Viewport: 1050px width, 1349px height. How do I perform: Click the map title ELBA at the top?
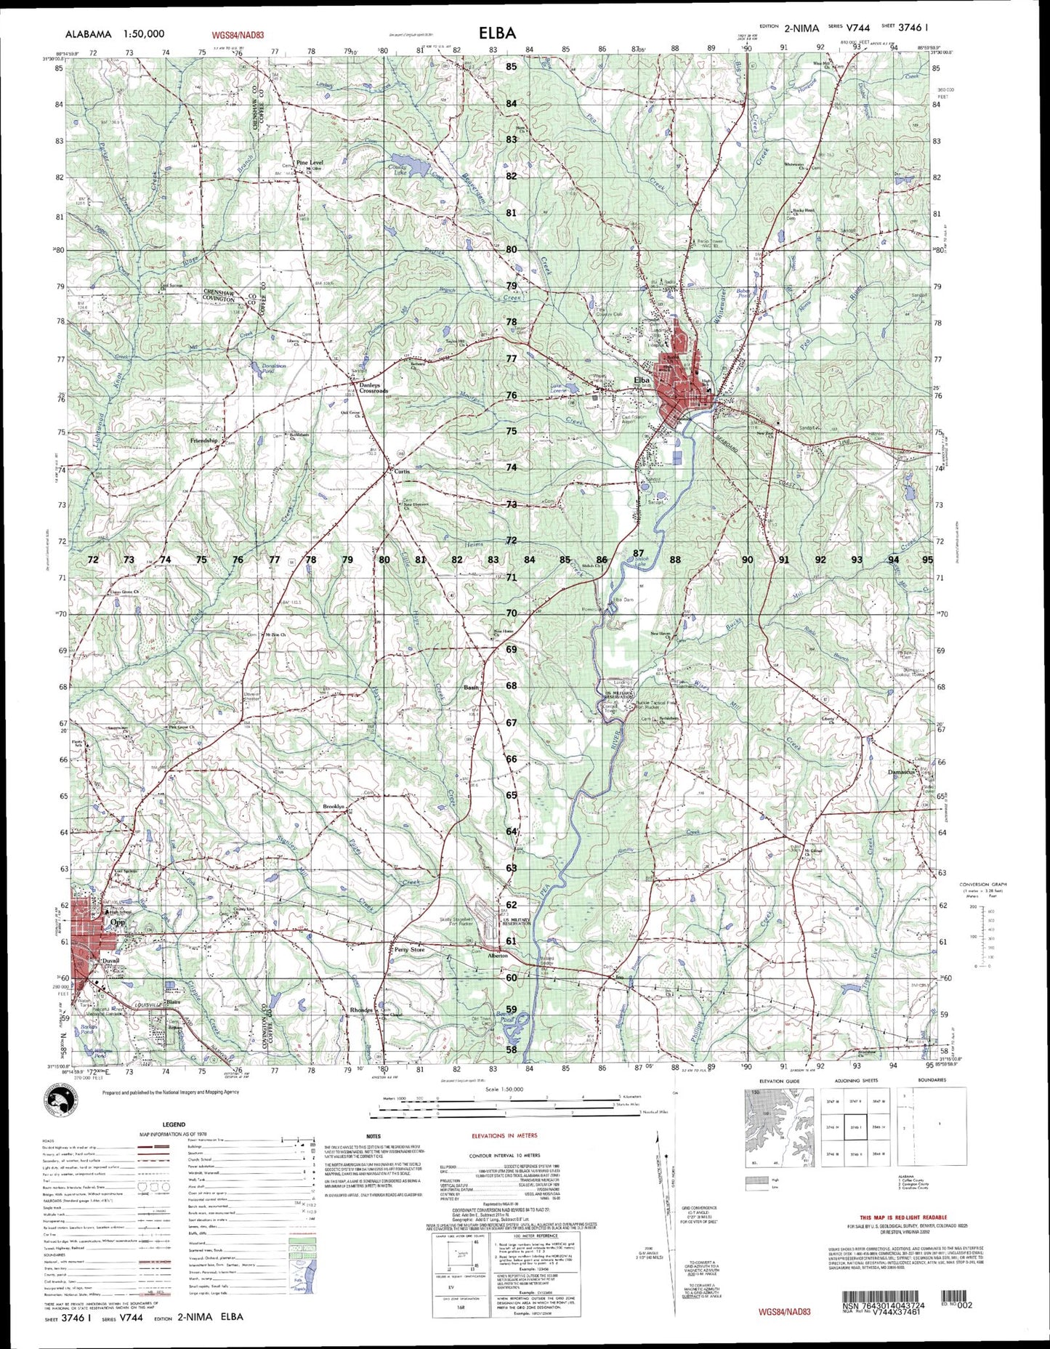click(x=497, y=33)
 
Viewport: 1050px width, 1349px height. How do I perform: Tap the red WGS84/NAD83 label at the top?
click(x=238, y=34)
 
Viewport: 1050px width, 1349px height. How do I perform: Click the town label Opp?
click(x=117, y=922)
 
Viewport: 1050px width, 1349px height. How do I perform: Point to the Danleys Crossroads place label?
click(x=371, y=388)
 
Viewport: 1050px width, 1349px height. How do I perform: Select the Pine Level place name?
click(x=310, y=162)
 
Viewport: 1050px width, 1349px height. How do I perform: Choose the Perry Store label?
click(x=409, y=950)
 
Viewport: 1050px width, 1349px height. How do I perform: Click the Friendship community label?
click(x=204, y=440)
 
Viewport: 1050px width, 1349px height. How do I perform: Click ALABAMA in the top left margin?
click(x=88, y=33)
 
